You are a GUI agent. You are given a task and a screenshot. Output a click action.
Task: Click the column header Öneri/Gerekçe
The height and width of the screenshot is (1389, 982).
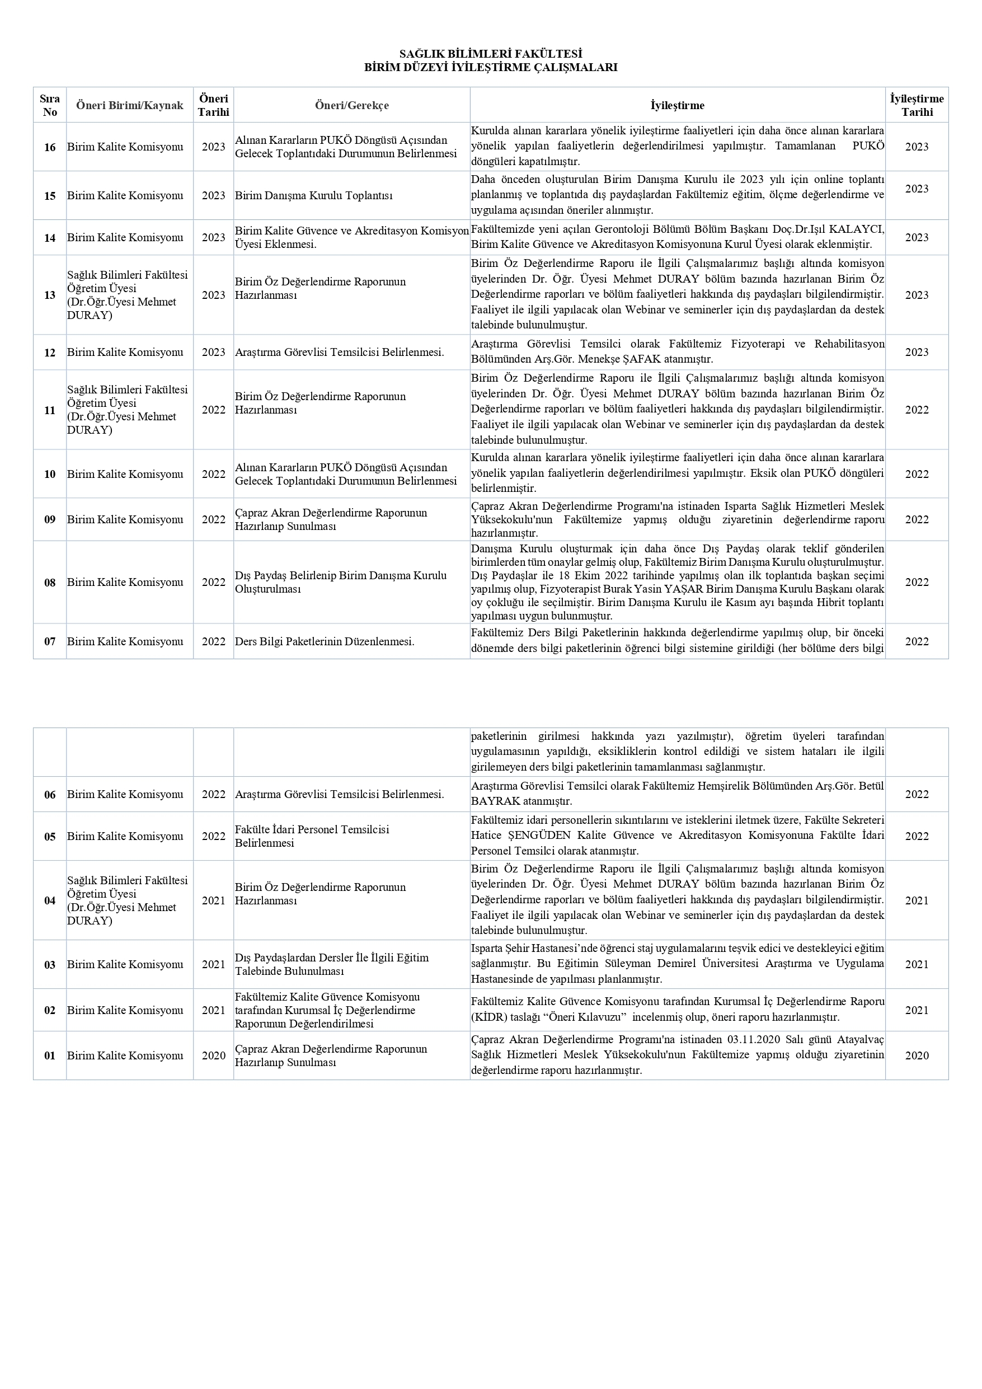pyautogui.click(x=351, y=105)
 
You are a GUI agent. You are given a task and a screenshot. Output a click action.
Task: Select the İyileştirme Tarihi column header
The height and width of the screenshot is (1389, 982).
pyautogui.click(x=916, y=105)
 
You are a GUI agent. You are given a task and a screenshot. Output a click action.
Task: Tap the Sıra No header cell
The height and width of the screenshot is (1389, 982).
pyautogui.click(x=50, y=105)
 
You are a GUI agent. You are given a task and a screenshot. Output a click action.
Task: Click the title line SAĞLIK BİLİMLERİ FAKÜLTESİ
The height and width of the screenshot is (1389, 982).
pyautogui.click(x=490, y=54)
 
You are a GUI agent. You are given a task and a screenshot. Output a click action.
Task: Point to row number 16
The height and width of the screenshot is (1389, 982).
pyautogui.click(x=50, y=147)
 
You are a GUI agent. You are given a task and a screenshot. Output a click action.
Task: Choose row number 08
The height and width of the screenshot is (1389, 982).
pyautogui.click(x=50, y=583)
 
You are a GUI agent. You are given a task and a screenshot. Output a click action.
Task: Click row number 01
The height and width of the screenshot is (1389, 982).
pyautogui.click(x=50, y=1055)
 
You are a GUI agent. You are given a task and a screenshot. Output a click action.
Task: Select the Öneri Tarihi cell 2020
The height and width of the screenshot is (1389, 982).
pyautogui.click(x=213, y=1055)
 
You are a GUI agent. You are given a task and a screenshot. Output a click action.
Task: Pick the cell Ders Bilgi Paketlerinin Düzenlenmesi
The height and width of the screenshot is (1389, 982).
pyautogui.click(x=325, y=642)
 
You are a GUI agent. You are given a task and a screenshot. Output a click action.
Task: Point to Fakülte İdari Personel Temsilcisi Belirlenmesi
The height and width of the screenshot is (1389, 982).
pyautogui.click(x=312, y=836)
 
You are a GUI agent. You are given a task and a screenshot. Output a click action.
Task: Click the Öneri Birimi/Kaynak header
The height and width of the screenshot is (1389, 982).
pyautogui.click(x=129, y=105)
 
